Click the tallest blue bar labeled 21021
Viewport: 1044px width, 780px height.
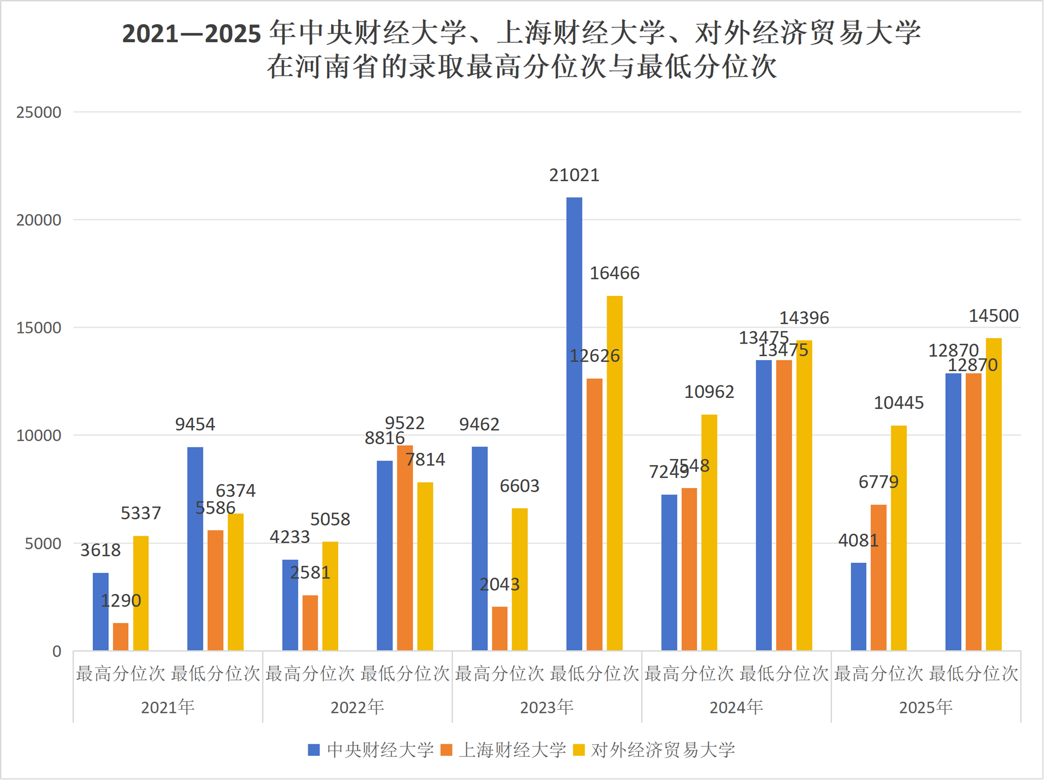click(x=574, y=424)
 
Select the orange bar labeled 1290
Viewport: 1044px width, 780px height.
click(x=121, y=637)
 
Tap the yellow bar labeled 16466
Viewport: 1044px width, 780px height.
click(x=614, y=473)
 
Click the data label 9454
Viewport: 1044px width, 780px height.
click(x=195, y=424)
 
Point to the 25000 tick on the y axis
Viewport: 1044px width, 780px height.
click(x=38, y=113)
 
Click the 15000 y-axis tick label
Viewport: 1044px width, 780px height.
click(x=38, y=328)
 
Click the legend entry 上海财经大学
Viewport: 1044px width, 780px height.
click(x=503, y=750)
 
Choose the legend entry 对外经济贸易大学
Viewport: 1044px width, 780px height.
click(x=653, y=750)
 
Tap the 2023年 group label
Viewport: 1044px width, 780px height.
click(x=547, y=707)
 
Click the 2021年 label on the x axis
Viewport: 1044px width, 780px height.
click(x=167, y=707)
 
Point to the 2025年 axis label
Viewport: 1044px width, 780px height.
click(x=925, y=707)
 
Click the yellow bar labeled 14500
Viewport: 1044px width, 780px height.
click(x=994, y=494)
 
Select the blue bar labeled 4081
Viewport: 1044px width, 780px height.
click(x=858, y=607)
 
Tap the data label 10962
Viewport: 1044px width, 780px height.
click(x=709, y=392)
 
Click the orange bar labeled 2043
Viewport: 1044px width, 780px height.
click(x=499, y=629)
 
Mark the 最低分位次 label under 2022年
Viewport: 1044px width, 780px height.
click(x=405, y=674)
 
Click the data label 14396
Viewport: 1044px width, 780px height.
click(x=804, y=318)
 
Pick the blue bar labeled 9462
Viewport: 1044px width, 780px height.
click(x=479, y=549)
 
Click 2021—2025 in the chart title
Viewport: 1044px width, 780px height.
click(x=191, y=34)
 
